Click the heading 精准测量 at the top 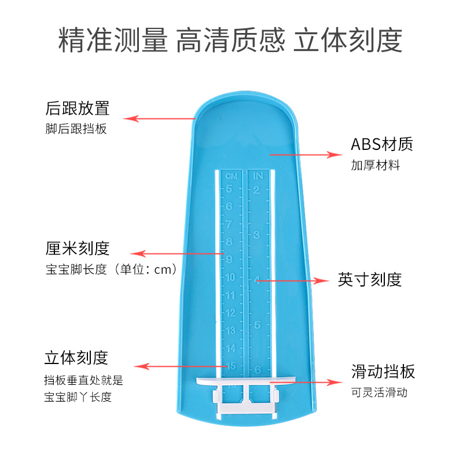[x=113, y=41]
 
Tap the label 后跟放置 [x=78, y=108]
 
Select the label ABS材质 [x=382, y=144]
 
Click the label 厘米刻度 [x=78, y=248]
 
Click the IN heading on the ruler [x=258, y=175]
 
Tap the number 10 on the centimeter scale [x=230, y=277]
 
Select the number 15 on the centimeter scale [x=230, y=366]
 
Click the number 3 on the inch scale [x=257, y=234]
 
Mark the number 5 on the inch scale [x=257, y=325]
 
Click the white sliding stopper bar [x=245, y=383]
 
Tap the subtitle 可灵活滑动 [x=379, y=392]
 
